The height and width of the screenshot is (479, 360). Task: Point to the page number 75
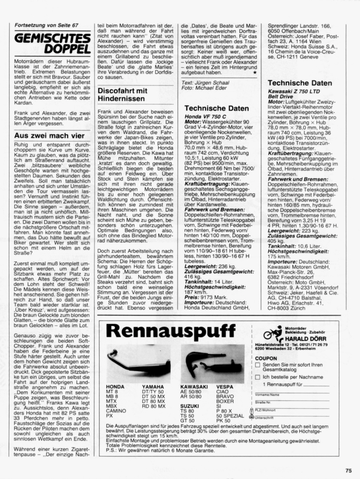[x=349, y=470]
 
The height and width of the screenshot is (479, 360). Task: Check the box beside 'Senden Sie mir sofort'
[x=258, y=365]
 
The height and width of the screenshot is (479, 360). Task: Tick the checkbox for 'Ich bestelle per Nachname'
[x=258, y=377]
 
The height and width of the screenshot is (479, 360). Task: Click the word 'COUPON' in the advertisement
[x=265, y=358]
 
